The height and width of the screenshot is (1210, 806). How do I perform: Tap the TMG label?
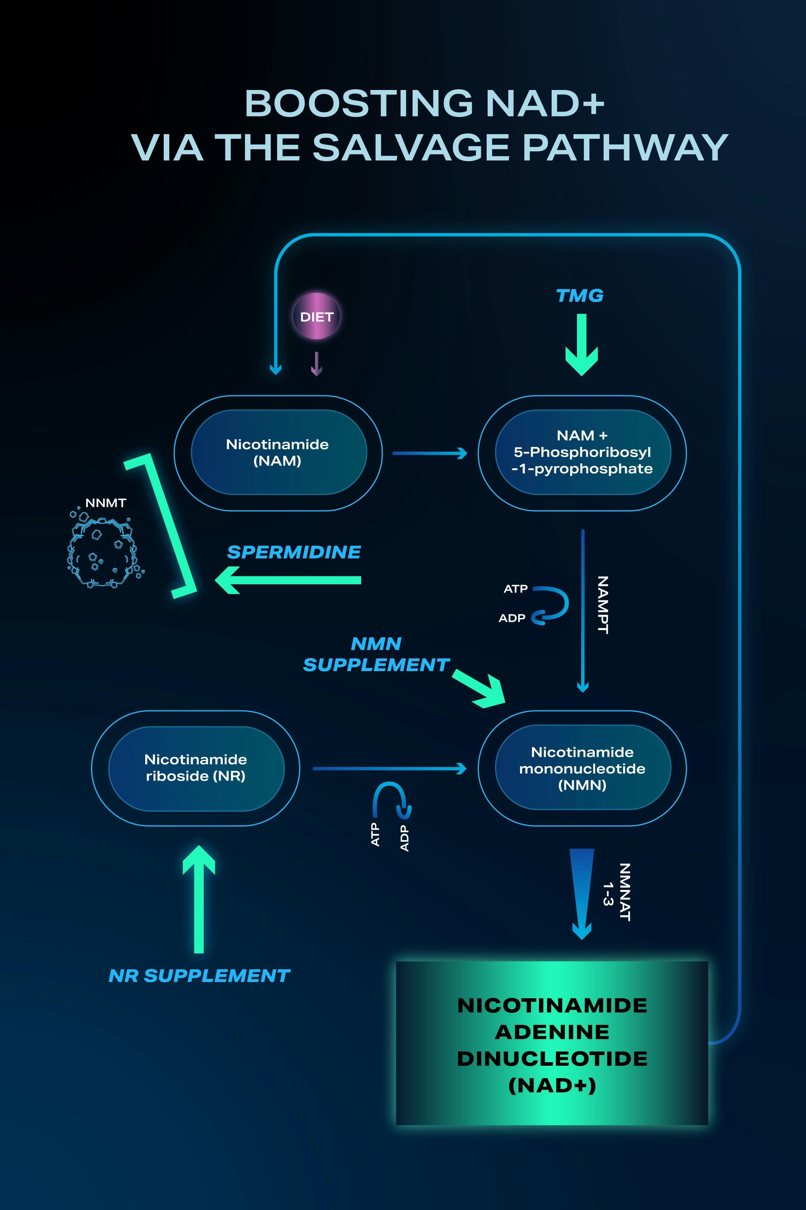580,296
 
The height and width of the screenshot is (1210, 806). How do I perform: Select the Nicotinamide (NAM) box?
278,452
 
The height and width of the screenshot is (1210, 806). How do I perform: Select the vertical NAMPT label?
602,605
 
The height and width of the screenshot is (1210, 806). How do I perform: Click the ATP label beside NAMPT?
516,589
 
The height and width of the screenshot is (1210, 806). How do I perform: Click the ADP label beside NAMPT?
512,618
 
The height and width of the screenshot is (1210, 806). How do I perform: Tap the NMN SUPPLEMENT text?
376,654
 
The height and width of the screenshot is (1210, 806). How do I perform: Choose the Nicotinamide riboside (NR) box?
196,768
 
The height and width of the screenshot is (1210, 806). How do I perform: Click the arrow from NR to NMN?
389,769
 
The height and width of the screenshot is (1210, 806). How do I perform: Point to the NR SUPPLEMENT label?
199,975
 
